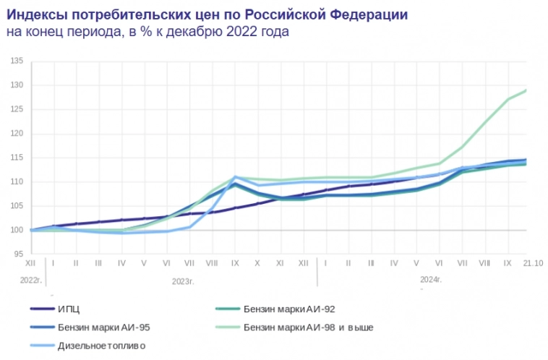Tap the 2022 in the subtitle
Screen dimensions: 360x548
point(244,33)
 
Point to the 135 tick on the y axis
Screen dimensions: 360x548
point(18,61)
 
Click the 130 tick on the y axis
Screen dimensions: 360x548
point(18,85)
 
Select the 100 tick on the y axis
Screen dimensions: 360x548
point(18,230)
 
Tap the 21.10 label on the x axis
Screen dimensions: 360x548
point(533,263)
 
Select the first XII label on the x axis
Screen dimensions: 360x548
point(30,263)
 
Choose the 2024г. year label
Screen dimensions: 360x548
point(431,278)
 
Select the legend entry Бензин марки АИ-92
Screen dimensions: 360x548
point(289,309)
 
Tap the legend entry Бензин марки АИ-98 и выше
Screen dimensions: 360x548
point(309,327)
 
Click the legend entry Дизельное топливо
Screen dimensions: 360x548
point(101,346)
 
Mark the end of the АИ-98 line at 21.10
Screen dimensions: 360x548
point(526,90)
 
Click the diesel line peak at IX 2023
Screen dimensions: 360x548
point(235,177)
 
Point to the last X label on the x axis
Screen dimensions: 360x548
point(257,263)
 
